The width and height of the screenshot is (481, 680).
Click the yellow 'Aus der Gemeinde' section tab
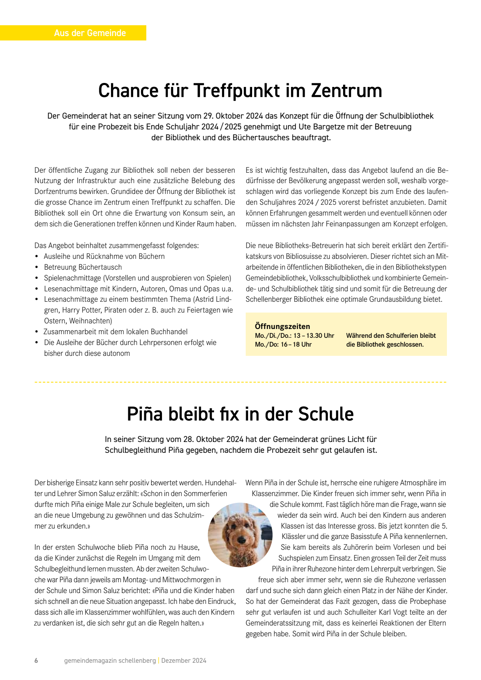click(x=90, y=33)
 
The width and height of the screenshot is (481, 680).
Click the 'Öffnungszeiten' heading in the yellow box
click(x=282, y=326)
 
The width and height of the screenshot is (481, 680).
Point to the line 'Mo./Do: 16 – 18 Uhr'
click(x=283, y=345)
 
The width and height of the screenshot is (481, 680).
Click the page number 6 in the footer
click(x=36, y=661)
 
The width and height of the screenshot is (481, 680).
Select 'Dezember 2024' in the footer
click(x=184, y=661)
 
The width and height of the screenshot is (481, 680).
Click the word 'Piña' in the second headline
click(x=145, y=414)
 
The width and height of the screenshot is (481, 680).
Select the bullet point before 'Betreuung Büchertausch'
click(x=37, y=267)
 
